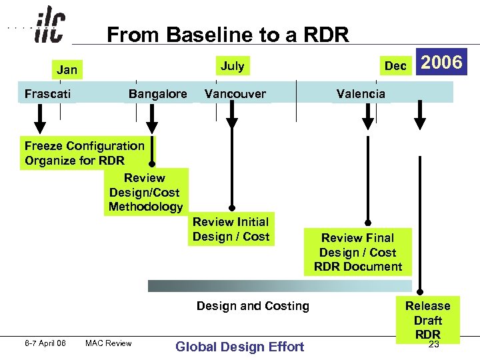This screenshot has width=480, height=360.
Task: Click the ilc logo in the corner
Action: pos(49,27)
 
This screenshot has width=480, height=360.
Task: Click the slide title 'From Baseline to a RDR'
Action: pos(227,35)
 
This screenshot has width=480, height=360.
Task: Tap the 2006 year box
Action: pos(441,63)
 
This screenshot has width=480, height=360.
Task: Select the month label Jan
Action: pos(67,70)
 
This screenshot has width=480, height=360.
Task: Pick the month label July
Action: pos(232,65)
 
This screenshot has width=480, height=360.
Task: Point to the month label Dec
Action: pos(395,66)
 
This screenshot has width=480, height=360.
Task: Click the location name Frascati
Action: pos(47,94)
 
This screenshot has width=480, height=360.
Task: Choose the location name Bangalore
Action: pos(157,94)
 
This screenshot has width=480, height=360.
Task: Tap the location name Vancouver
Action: pos(235,94)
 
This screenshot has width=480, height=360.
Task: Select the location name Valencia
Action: pos(361,94)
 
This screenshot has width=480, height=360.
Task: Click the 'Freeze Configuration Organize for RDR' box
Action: pos(85,153)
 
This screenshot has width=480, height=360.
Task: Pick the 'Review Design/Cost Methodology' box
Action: pos(146,192)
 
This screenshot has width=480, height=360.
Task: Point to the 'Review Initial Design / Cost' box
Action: pos(231,229)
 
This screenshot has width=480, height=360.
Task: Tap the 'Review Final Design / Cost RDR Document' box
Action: pos(358,252)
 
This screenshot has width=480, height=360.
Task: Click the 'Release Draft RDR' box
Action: pos(427,320)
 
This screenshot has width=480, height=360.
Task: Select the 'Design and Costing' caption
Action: pos(253,306)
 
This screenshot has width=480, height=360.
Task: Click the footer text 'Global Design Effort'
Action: pos(239,346)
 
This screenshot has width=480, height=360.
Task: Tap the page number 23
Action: pos(433,345)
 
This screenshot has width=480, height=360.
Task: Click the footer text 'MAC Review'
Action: pos(109,343)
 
